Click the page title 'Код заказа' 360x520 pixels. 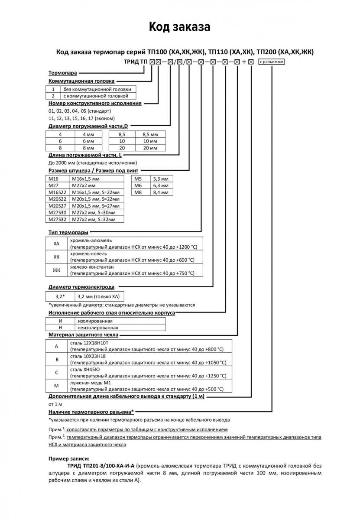pos(180,27)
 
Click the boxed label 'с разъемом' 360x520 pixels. pos(272,62)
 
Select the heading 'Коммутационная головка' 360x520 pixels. pos(81,81)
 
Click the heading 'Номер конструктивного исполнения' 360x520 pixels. pos(95,104)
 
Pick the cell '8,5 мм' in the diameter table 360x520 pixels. pos(150,134)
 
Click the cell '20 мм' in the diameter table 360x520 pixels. pos(150,148)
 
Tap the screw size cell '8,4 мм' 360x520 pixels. pos(161,192)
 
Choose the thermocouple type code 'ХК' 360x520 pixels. pos(56,257)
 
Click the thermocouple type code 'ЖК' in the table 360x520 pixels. pos(56,270)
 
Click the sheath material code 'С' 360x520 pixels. pos(56,372)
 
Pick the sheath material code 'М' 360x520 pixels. pos(56,386)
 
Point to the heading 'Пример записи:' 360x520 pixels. pos(69,458)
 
